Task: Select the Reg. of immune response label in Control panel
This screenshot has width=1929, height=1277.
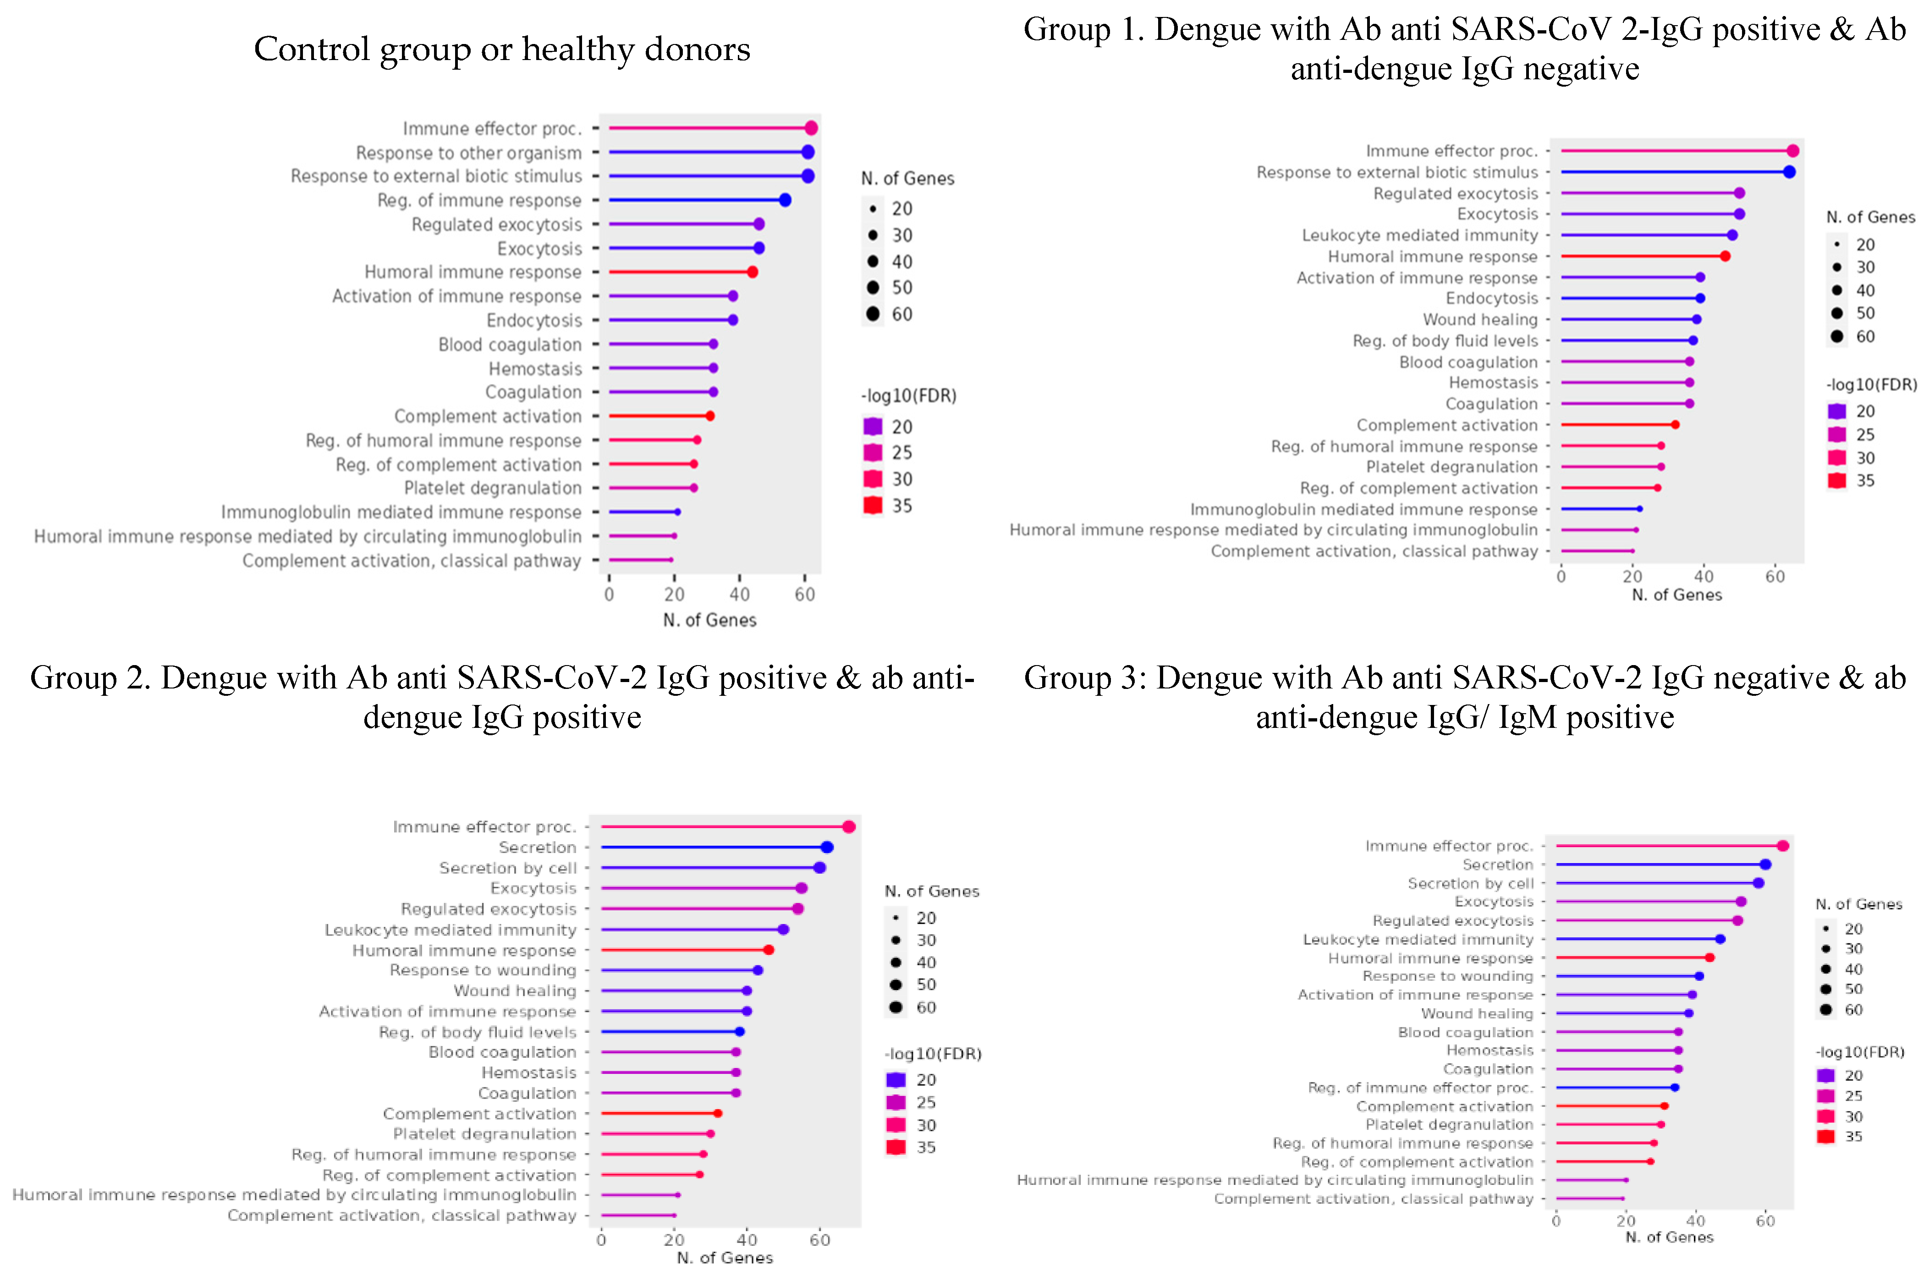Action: [x=479, y=200]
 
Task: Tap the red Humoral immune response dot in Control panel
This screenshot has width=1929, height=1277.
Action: [x=753, y=272]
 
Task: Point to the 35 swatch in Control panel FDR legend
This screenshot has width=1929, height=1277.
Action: [x=873, y=506]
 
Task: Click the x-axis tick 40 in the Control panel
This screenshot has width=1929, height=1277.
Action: [x=739, y=594]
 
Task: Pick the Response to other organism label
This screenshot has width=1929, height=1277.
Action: [x=468, y=153]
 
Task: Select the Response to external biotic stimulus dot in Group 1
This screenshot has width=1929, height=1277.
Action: [x=1789, y=172]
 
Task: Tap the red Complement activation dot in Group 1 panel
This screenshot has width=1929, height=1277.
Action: [x=1675, y=425]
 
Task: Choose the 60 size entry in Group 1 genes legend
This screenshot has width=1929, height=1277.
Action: [x=1837, y=336]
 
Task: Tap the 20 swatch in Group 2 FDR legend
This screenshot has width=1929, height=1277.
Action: [x=896, y=1080]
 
